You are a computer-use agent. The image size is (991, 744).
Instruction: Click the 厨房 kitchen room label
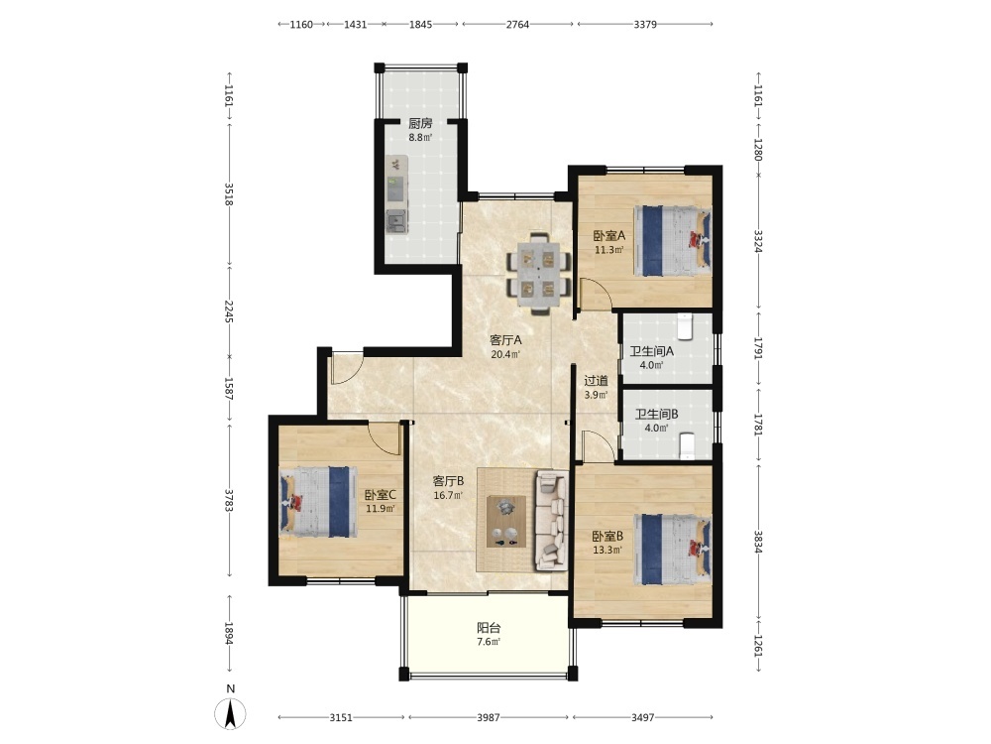[x=420, y=123]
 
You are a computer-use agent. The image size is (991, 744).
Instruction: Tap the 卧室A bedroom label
[x=609, y=236]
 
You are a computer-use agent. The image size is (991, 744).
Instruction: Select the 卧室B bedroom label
[x=608, y=537]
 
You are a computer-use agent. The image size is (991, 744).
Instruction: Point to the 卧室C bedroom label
[x=381, y=495]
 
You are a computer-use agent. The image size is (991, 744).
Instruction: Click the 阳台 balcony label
[x=489, y=628]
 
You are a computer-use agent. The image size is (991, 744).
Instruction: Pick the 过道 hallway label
[x=596, y=381]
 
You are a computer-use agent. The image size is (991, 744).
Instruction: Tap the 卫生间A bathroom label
[x=652, y=351]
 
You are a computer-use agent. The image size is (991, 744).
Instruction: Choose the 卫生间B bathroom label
[x=657, y=415]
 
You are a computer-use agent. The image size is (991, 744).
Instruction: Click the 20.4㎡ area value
[x=505, y=354]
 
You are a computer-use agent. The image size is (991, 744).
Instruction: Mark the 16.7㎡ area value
[x=448, y=495]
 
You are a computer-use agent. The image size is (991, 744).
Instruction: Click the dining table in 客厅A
[x=538, y=273]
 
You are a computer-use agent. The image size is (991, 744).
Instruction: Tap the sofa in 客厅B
[x=551, y=520]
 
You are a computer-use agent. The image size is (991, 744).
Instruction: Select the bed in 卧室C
[x=315, y=502]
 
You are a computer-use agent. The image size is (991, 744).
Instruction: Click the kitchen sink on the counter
[x=397, y=221]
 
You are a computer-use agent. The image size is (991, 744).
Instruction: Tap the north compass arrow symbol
[x=231, y=714]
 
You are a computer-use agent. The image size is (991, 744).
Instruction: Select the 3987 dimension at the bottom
[x=489, y=717]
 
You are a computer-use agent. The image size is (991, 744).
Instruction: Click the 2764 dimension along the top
[x=517, y=25]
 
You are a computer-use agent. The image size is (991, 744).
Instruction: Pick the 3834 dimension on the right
[x=758, y=542]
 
